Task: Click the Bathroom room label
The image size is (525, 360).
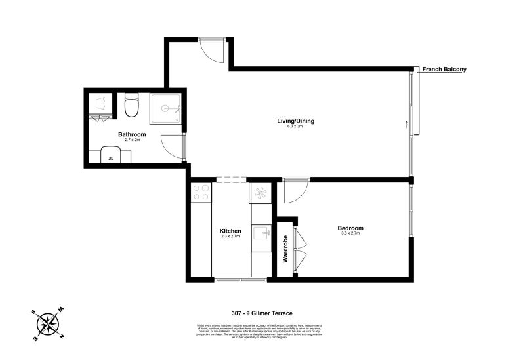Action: click(131, 134)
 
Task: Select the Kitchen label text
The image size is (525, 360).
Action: click(230, 231)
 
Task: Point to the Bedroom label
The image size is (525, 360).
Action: click(350, 228)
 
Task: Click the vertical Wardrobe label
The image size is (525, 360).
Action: click(285, 250)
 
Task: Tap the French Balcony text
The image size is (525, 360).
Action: click(444, 69)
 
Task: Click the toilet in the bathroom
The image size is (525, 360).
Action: click(131, 106)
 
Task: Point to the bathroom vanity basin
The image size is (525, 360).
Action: click(110, 157)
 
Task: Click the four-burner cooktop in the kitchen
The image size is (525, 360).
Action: click(201, 192)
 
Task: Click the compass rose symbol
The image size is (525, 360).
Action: click(48, 323)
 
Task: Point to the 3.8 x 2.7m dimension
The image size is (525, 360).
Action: click(350, 234)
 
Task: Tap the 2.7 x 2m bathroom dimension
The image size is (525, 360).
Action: click(131, 140)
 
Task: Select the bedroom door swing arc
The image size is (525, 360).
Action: click(295, 190)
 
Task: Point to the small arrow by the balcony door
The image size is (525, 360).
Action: click(407, 123)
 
